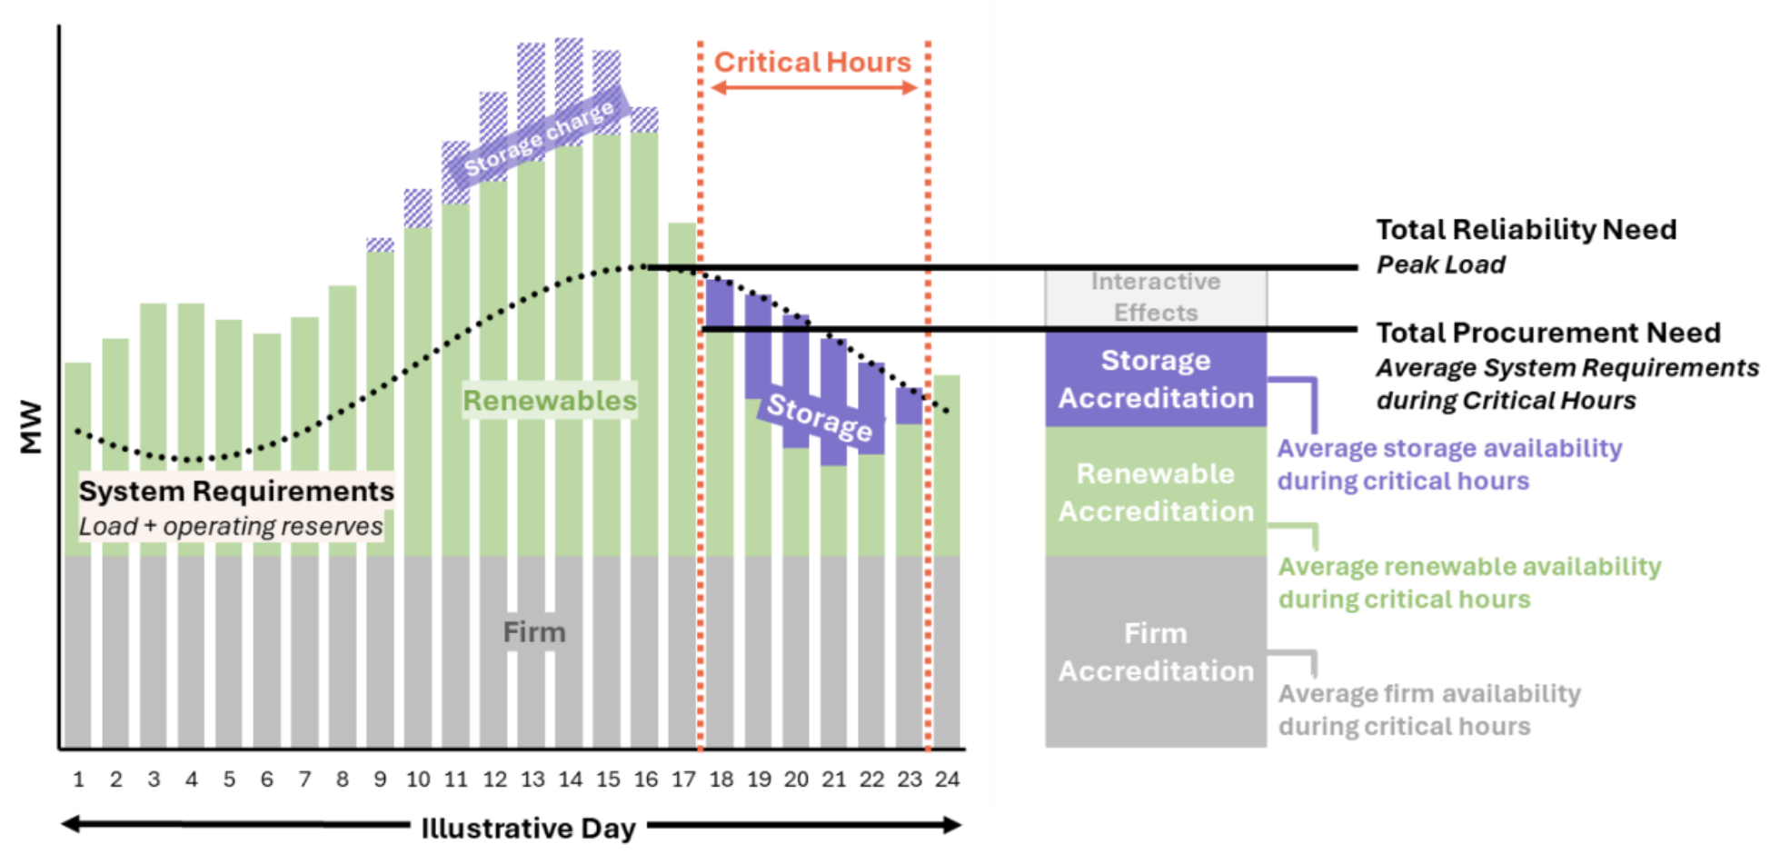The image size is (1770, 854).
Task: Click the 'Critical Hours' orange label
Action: [x=811, y=62]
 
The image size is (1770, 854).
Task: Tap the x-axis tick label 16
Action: [x=646, y=780]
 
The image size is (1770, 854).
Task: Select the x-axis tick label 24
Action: [x=947, y=780]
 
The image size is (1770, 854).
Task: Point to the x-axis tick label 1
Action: [x=78, y=780]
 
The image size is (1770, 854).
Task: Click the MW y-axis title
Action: [x=31, y=426]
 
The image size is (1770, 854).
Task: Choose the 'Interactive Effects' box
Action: [x=1155, y=297]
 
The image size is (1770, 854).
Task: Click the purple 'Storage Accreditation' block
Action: [x=1155, y=379]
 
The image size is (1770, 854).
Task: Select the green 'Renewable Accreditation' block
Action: [x=1155, y=492]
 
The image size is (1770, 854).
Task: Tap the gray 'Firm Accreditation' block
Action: [x=1155, y=651]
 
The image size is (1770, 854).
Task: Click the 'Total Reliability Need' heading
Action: [x=1526, y=229]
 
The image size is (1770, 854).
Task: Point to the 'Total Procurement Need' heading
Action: [x=1547, y=333]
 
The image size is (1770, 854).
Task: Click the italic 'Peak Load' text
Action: [x=1440, y=264]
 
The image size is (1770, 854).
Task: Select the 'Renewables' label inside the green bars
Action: [x=550, y=401]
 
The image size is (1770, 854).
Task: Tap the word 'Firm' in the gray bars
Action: [x=534, y=631]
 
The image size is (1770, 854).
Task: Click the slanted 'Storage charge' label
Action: [x=540, y=138]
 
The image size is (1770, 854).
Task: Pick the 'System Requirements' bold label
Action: [x=236, y=491]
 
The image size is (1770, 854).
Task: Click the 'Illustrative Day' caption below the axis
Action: [x=528, y=828]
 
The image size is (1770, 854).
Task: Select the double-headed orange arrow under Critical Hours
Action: [x=813, y=88]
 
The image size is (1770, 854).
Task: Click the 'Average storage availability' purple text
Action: [x=1448, y=448]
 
